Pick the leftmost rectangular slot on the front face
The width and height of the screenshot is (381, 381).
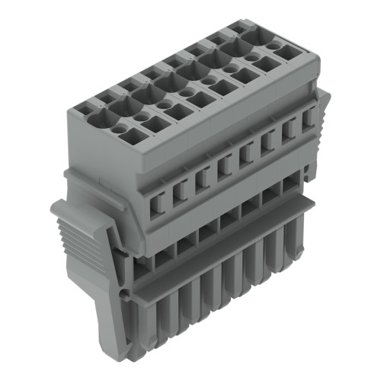pyautogui.click(x=159, y=201)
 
